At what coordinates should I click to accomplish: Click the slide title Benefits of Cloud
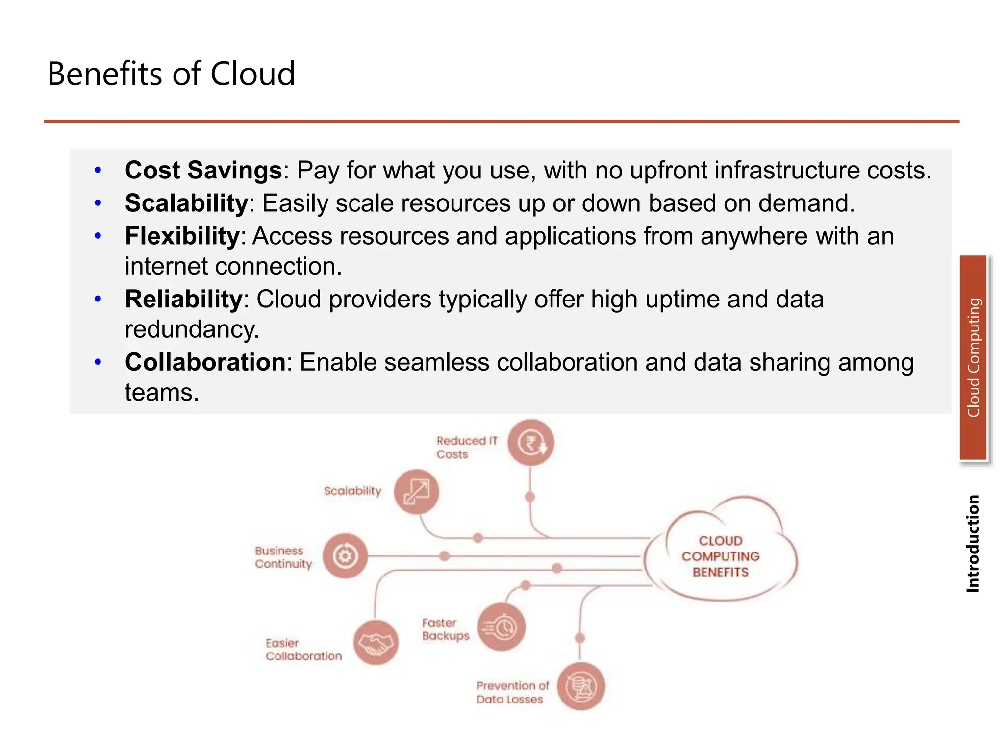pyautogui.click(x=171, y=74)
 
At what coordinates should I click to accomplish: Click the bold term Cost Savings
pyautogui.click(x=203, y=171)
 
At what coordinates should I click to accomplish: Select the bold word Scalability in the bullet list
pyautogui.click(x=186, y=203)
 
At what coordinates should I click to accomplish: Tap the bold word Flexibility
pyautogui.click(x=182, y=236)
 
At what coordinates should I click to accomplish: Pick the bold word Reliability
pyautogui.click(x=183, y=300)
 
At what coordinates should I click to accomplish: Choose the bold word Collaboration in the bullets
pyautogui.click(x=205, y=363)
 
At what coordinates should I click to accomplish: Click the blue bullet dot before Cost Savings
pyautogui.click(x=98, y=171)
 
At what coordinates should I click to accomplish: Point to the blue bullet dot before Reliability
pyautogui.click(x=98, y=299)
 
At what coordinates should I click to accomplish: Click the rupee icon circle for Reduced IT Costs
pyautogui.click(x=531, y=443)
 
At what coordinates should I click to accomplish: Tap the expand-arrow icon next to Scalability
pyautogui.click(x=416, y=492)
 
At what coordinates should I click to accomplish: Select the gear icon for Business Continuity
pyautogui.click(x=345, y=556)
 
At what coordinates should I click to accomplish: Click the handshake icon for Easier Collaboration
pyautogui.click(x=376, y=642)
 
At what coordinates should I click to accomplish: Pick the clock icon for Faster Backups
pyautogui.click(x=502, y=627)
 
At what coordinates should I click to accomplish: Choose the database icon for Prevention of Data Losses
pyautogui.click(x=581, y=686)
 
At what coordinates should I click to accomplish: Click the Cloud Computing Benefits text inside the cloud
pyautogui.click(x=720, y=556)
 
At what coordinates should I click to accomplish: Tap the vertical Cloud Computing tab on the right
pyautogui.click(x=973, y=358)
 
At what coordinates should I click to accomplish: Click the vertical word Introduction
pyautogui.click(x=973, y=544)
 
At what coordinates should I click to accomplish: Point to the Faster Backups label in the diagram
pyautogui.click(x=445, y=629)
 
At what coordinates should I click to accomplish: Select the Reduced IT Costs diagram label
pyautogui.click(x=466, y=447)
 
